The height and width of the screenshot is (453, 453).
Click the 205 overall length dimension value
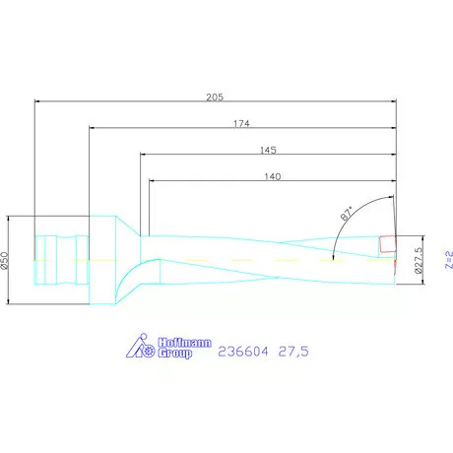[216, 96]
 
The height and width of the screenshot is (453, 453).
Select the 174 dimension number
[241, 123]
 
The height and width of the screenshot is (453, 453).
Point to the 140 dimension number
[273, 176]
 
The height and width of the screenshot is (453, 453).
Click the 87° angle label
[347, 214]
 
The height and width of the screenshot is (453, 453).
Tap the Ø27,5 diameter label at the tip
[418, 260]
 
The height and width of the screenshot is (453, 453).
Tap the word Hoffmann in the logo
[184, 341]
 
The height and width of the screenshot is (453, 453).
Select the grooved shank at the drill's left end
[59, 259]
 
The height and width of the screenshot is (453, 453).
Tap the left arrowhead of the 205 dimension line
[37, 100]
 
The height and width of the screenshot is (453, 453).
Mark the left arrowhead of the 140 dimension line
[152, 181]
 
